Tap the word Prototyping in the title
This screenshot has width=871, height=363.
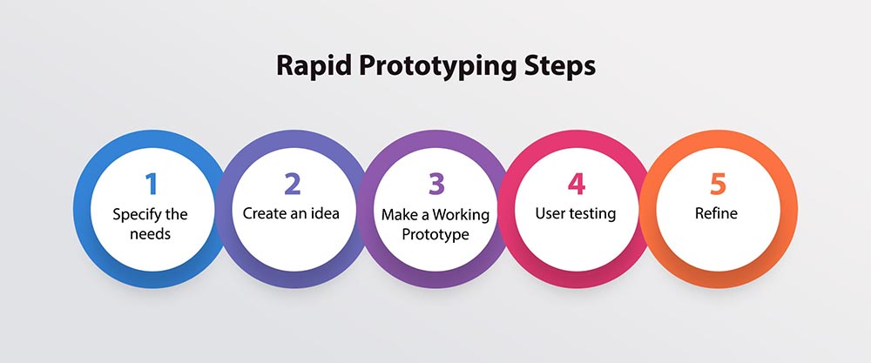[x=427, y=66]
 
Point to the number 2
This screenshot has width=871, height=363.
[x=292, y=185]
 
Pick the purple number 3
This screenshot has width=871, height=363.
[x=435, y=185]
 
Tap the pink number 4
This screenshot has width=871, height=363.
[x=576, y=185]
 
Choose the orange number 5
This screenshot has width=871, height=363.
[x=717, y=185]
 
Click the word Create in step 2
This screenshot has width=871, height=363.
[x=263, y=213]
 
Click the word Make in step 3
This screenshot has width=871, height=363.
[x=396, y=214]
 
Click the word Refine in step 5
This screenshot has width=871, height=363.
[x=718, y=213]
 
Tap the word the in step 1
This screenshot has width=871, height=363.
[x=177, y=214]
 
